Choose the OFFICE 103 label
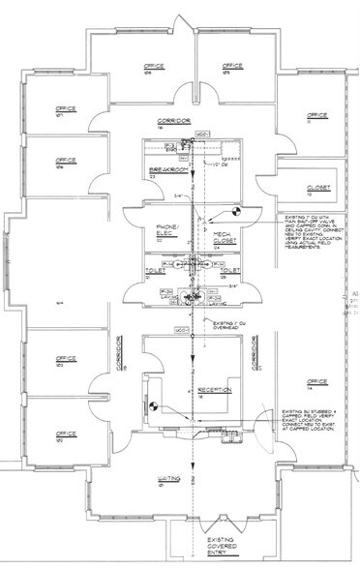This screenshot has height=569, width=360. click(66, 364)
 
